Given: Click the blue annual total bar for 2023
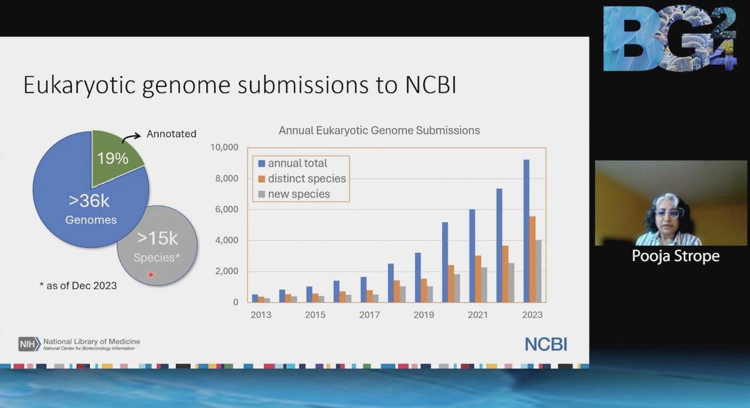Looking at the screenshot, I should [x=526, y=232].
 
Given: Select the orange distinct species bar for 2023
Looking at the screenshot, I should [x=532, y=259].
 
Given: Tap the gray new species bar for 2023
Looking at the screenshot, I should [x=539, y=271].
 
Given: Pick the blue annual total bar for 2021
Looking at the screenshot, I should [x=472, y=255].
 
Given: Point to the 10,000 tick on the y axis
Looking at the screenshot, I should [x=226, y=148].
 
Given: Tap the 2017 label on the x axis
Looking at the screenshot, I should [x=369, y=315].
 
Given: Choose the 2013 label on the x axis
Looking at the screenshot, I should [x=261, y=315].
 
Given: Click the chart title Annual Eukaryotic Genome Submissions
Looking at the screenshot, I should [x=379, y=131].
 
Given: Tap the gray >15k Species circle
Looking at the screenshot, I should [x=157, y=246].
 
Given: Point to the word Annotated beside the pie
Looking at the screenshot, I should [x=171, y=133].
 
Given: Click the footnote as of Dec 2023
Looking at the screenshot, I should [x=78, y=286].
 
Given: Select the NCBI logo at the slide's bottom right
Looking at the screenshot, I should [x=546, y=344].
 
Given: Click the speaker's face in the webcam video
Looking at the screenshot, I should [x=667, y=216].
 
